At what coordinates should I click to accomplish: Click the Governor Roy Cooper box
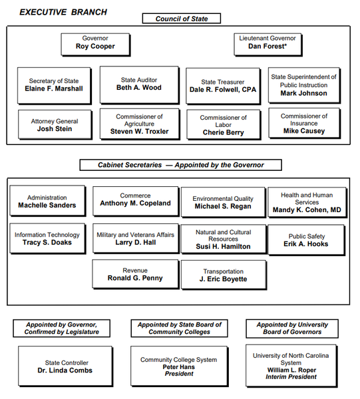pos(94,43)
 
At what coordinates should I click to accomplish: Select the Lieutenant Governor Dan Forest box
pos(268,43)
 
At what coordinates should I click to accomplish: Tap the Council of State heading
pos(181,18)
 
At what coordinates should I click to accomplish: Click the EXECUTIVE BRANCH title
pos(63,12)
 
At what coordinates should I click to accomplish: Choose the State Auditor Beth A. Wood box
pos(139,84)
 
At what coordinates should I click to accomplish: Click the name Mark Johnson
pos(303,94)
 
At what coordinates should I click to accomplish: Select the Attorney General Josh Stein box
pos(55,126)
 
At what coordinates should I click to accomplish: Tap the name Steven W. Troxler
pos(139,132)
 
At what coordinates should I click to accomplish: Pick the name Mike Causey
pos(303,132)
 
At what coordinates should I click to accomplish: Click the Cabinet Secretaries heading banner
pos(180,165)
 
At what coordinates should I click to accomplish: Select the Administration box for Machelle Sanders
pos(47,201)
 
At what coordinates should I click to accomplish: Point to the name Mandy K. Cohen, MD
pos(307,211)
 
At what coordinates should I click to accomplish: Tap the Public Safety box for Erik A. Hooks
pos(307,240)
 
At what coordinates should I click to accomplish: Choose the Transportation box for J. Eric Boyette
pos(223,275)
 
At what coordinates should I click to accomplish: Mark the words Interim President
pos(291,377)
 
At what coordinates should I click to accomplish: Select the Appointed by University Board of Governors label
pos(292,329)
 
